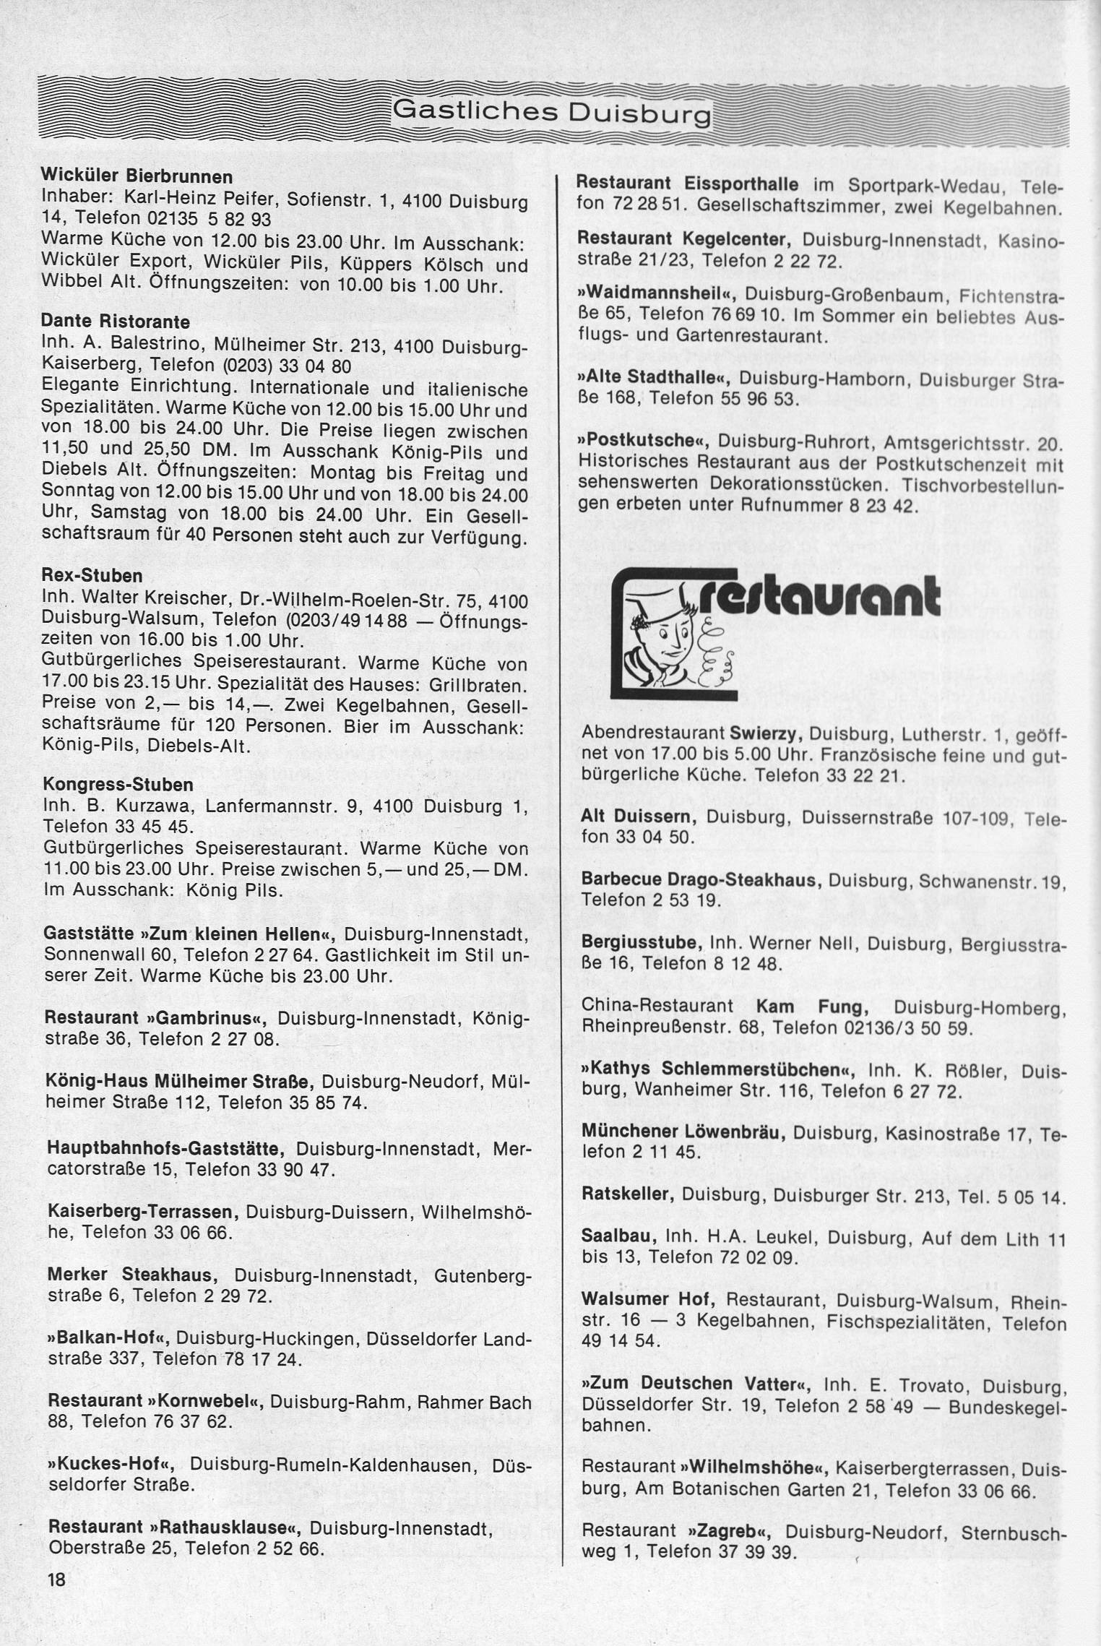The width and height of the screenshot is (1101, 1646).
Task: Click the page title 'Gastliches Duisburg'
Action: pyautogui.click(x=550, y=112)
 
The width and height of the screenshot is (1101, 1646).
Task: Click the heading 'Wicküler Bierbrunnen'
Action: pyautogui.click(x=137, y=176)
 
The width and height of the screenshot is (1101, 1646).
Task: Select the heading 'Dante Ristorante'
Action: pyautogui.click(x=116, y=320)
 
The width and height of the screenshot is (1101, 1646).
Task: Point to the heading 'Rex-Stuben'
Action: pyautogui.click(x=92, y=577)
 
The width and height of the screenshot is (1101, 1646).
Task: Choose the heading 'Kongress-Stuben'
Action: pyautogui.click(x=118, y=785)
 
